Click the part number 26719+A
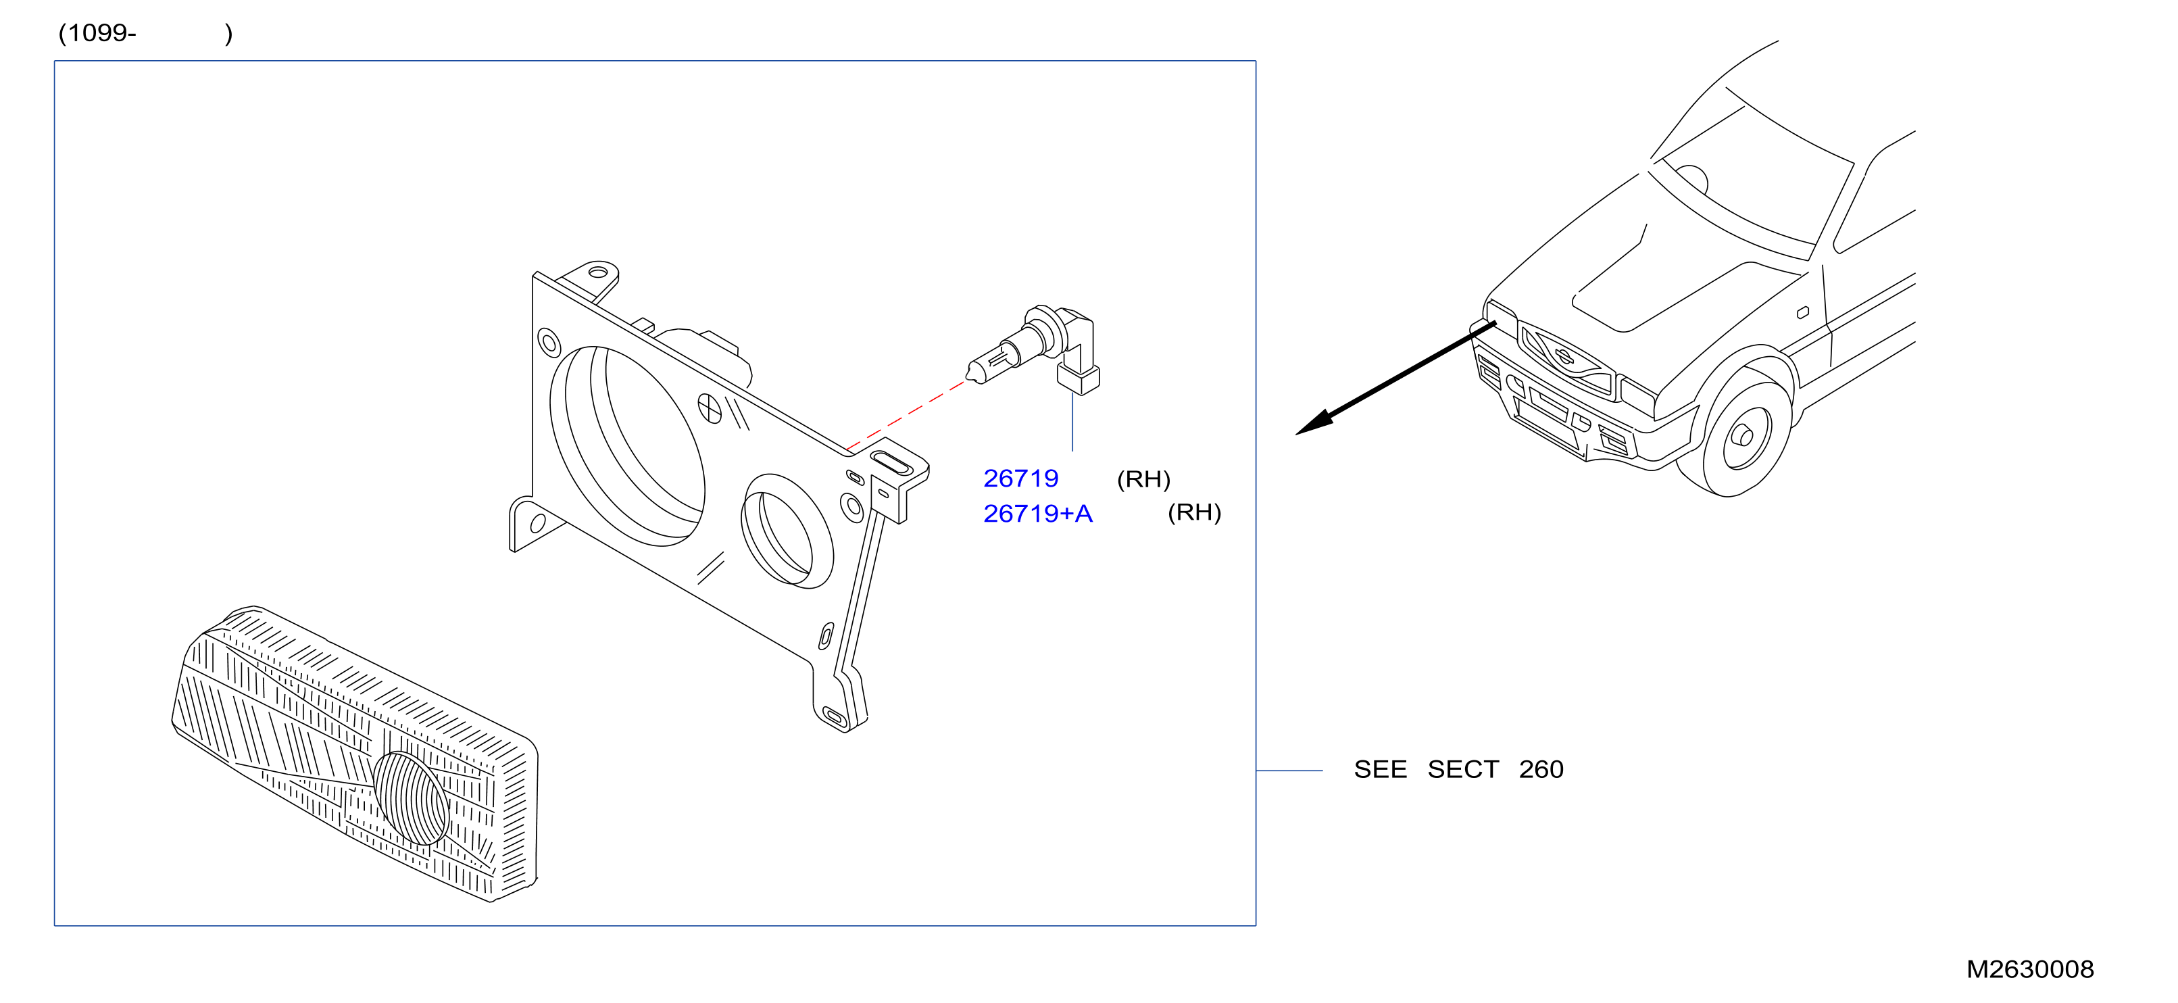click(1037, 514)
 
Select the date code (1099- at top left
click(97, 33)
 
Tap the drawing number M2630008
click(2030, 969)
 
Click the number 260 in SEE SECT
click(1541, 770)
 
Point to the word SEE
click(1380, 770)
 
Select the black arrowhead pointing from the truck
click(1315, 423)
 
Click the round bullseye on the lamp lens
click(411, 798)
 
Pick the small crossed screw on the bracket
click(710, 408)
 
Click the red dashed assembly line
click(905, 415)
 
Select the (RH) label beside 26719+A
click(1194, 512)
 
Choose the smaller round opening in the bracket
click(787, 531)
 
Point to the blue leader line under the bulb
click(1072, 421)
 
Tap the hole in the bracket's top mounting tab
click(598, 272)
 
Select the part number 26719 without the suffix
click(1020, 479)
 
